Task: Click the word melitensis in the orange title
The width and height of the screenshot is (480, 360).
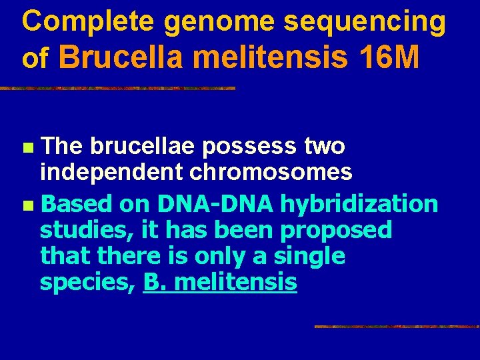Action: (270, 58)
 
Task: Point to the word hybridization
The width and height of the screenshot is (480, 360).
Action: (359, 203)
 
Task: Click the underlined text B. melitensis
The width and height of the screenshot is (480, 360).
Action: (220, 282)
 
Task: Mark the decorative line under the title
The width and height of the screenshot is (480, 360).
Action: (117, 88)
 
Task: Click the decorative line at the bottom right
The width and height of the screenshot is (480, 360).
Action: (396, 327)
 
